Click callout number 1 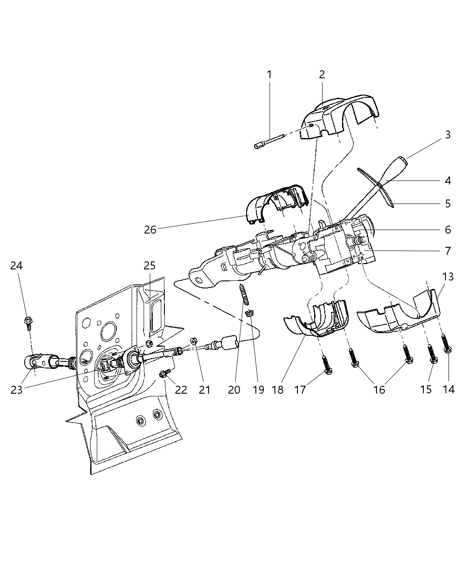click(x=269, y=75)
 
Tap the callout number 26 click(x=150, y=230)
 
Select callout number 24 click(x=17, y=265)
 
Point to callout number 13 click(x=448, y=276)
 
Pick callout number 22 click(x=181, y=390)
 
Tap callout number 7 click(x=448, y=251)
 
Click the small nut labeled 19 click(x=250, y=314)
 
